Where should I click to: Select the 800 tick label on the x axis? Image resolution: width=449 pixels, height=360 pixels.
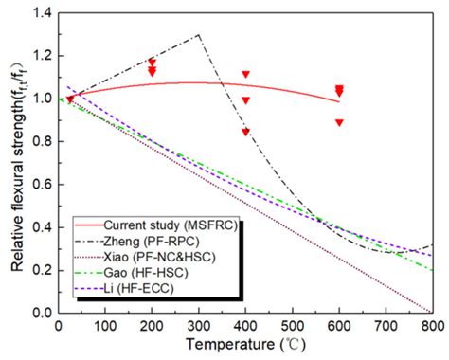pyautogui.click(x=432, y=327)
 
